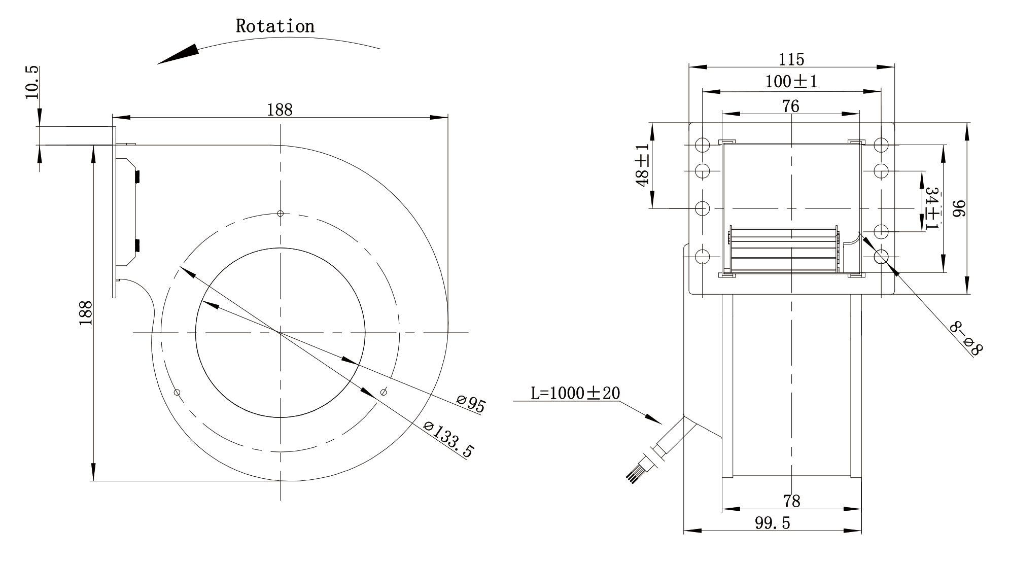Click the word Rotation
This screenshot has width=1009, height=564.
(x=275, y=26)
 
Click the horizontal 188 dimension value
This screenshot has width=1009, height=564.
(x=280, y=110)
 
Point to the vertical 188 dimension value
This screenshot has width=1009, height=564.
(x=86, y=313)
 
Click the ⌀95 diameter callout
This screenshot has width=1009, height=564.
(x=471, y=403)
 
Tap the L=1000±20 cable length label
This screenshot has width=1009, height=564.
(x=575, y=393)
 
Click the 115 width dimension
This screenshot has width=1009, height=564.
(x=791, y=60)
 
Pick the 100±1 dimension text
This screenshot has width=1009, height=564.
(x=791, y=82)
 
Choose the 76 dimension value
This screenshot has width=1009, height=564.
(x=790, y=106)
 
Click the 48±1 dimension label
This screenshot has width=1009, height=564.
(x=643, y=165)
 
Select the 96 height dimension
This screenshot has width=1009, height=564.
(x=959, y=208)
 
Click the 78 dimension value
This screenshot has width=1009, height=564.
(x=791, y=501)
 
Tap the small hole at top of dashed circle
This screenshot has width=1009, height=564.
(x=280, y=213)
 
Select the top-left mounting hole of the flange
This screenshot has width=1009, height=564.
(x=703, y=145)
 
